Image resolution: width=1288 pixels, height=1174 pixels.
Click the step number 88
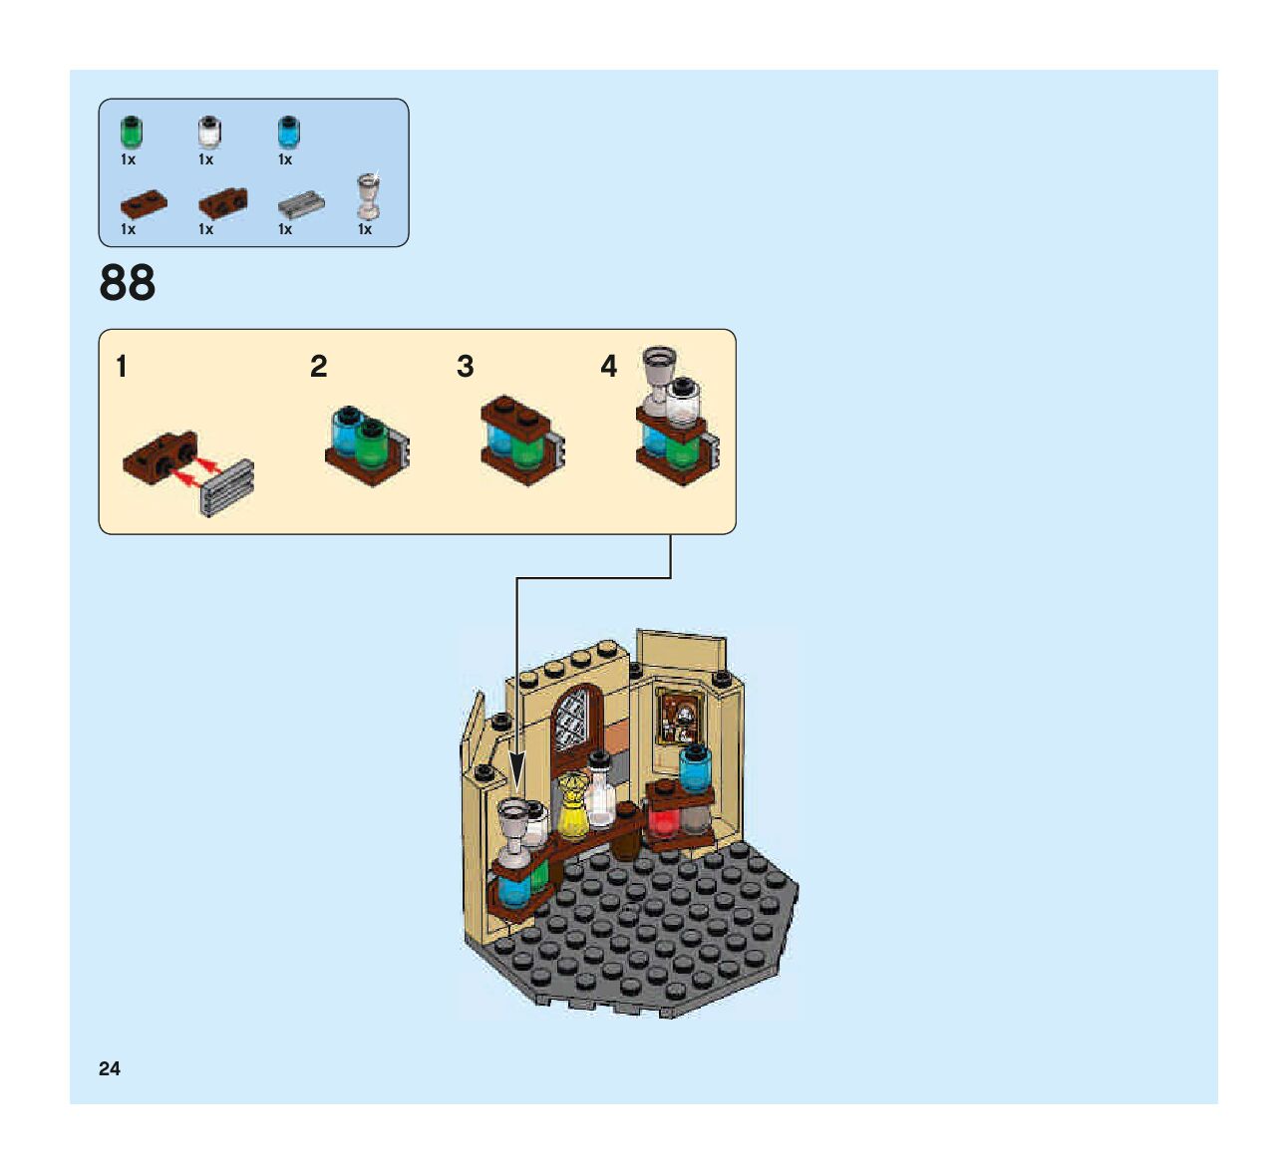tap(128, 283)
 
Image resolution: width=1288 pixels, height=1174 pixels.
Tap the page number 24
tap(110, 1068)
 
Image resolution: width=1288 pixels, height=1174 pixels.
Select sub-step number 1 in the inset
tap(122, 367)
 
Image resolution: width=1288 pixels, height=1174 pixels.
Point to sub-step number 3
tap(465, 367)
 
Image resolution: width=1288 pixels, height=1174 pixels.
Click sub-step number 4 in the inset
tap(608, 367)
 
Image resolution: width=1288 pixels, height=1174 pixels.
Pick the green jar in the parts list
tap(131, 133)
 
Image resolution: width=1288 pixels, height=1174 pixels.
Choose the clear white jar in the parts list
tap(208, 133)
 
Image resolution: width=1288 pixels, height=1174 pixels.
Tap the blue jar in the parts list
tap(287, 132)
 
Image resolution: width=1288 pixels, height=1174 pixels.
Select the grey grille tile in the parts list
tap(300, 204)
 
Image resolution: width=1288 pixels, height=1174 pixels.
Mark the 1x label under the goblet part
tap(365, 229)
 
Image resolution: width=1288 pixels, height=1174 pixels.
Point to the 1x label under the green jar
tap(129, 159)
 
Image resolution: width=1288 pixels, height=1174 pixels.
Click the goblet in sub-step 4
tap(657, 376)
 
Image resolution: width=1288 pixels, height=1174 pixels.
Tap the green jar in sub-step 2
tap(372, 443)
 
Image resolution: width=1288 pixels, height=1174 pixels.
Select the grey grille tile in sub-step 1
tap(228, 486)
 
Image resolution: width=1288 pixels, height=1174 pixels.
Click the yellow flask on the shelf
tap(572, 807)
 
